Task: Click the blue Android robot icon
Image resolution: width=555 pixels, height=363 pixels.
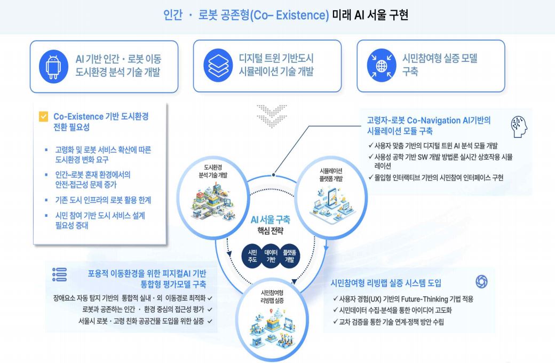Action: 54,66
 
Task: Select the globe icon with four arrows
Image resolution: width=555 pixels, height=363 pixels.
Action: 382,66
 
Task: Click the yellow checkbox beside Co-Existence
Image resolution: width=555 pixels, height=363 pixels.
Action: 44,117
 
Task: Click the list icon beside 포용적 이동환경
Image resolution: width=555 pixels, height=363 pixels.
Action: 59,274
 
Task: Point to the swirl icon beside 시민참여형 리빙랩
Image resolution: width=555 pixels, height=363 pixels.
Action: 481,282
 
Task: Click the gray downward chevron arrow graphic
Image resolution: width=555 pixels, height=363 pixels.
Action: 272,115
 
